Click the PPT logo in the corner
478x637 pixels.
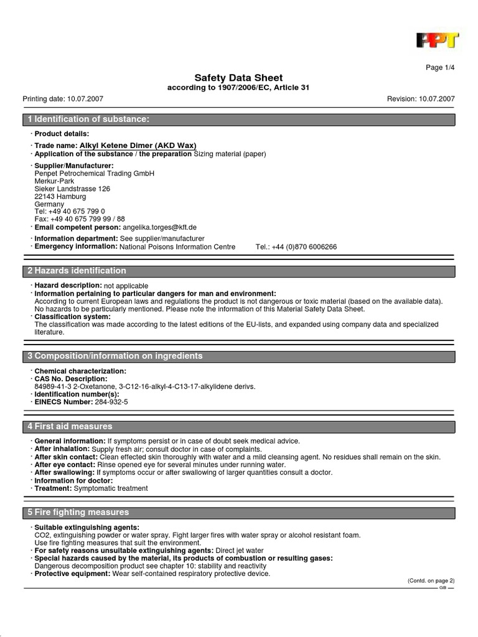(x=437, y=40)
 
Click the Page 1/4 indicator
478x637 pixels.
(x=440, y=68)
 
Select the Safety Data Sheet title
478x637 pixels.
(x=238, y=78)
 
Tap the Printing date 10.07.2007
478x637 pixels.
(x=63, y=99)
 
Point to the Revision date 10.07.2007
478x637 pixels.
(x=421, y=99)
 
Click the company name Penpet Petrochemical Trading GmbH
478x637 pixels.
(x=94, y=174)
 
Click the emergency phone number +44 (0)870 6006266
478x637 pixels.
(x=296, y=247)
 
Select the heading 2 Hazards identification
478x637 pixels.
(x=77, y=271)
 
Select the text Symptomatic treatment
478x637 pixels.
(x=111, y=488)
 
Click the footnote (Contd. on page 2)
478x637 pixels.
(x=431, y=580)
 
